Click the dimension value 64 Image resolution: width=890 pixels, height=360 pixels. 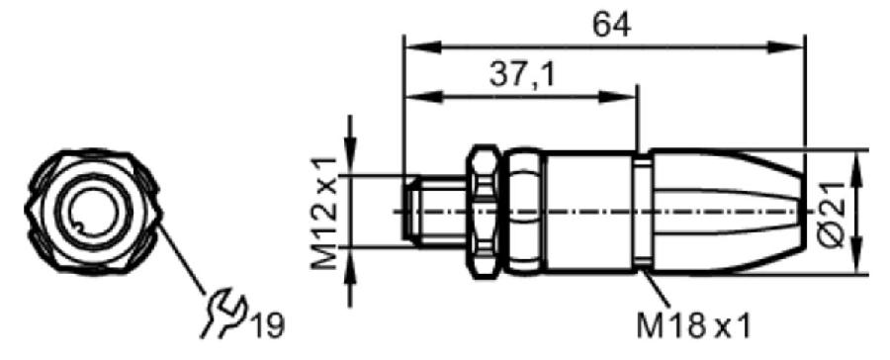pyautogui.click(x=611, y=26)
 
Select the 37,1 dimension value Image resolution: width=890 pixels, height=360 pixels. pyautogui.click(x=521, y=75)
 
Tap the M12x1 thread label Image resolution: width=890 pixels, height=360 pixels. pyautogui.click(x=324, y=214)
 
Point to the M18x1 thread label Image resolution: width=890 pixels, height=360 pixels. pyautogui.click(x=693, y=326)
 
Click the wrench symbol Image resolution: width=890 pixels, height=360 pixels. pyautogui.click(x=223, y=313)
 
